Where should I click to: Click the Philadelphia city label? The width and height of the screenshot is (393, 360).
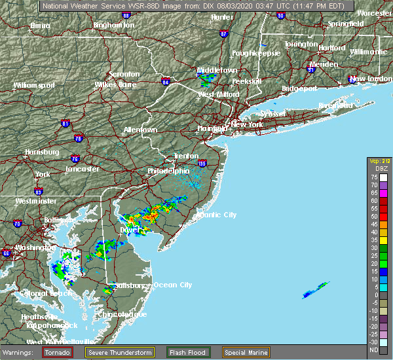168,171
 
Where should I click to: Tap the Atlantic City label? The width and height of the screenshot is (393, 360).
216,215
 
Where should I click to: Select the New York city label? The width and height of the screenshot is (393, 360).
247,124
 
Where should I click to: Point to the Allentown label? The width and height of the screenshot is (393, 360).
140,130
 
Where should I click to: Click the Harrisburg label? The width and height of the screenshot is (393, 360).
42,152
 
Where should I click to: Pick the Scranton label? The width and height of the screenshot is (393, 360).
124,75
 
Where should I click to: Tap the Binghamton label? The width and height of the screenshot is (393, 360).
113,25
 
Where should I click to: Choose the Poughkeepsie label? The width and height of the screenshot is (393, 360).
256,52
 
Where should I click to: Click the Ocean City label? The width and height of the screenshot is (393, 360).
173,285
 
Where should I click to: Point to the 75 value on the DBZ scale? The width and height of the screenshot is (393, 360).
373,177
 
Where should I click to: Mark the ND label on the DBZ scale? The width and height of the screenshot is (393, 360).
373,350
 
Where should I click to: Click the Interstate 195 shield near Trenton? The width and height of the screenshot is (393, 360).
201,164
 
